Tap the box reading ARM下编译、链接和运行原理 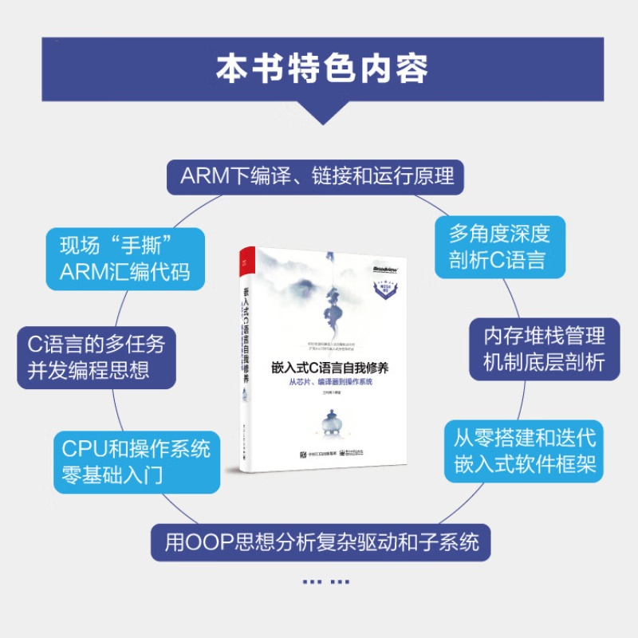pyautogui.click(x=317, y=175)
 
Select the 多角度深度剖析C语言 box pyautogui.click(x=500, y=246)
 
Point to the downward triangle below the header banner pyautogui.click(x=319, y=112)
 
